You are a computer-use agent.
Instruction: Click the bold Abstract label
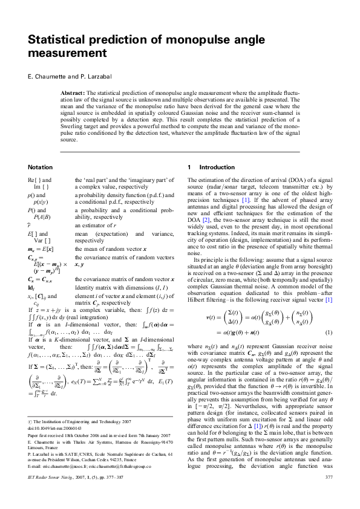pyautogui.click(x=73, y=92)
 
